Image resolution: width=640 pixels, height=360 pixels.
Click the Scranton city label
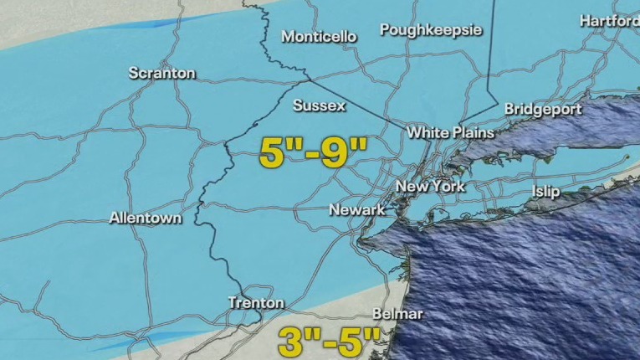(162, 74)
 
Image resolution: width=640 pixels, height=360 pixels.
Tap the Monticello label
(319, 37)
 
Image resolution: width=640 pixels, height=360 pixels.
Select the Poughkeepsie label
(431, 30)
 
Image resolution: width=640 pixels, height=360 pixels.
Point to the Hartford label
(608, 20)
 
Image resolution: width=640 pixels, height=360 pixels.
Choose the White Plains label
(450, 132)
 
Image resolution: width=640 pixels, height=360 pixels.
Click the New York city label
(430, 186)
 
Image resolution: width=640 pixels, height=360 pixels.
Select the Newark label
(357, 209)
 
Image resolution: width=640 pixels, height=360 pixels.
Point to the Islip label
(546, 192)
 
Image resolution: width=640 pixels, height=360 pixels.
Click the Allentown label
(146, 218)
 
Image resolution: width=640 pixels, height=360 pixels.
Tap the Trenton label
(256, 303)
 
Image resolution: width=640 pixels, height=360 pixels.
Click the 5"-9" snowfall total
(314, 153)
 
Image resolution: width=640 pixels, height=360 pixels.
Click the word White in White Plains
(426, 132)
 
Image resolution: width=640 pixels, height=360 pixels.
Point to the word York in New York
(447, 186)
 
